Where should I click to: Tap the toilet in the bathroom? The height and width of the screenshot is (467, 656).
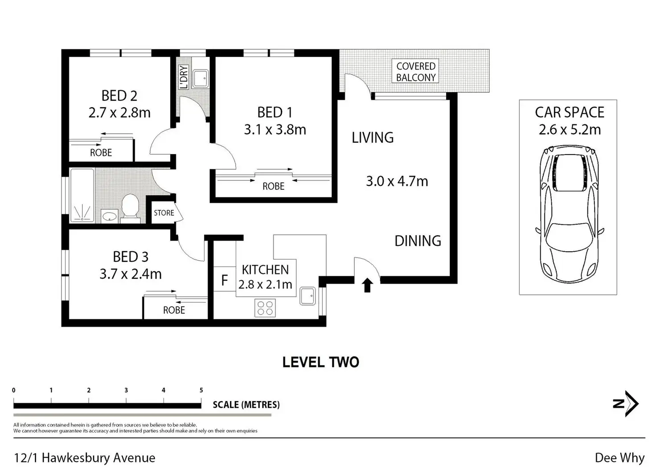coord(130,206)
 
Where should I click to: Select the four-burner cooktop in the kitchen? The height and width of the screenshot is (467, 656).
coord(265,308)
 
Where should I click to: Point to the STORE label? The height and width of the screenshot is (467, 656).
coord(164,213)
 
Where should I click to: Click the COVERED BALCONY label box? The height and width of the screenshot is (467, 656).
coord(415,71)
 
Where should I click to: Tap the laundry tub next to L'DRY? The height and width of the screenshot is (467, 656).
coord(201,78)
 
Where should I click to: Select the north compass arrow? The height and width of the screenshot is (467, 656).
coord(627,403)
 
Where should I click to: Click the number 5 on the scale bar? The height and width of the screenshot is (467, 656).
coord(201,390)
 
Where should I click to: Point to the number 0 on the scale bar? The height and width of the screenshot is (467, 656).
coord(14,390)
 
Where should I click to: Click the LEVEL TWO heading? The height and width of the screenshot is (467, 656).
coord(321,362)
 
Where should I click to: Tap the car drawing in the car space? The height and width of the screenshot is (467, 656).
coord(569,214)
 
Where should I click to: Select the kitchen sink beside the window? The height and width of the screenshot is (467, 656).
coord(307,296)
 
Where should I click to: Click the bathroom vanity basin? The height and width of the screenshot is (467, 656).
coord(110,217)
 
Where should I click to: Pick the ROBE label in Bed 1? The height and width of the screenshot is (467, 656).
coord(273,186)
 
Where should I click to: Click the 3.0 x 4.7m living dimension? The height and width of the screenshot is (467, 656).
coord(397,181)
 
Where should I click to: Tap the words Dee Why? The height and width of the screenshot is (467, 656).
coord(620,458)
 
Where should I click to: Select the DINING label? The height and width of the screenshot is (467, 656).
coord(418,241)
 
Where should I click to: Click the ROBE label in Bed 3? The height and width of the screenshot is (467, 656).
coord(174,310)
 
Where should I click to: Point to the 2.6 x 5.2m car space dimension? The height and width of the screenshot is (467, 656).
coord(570,129)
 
